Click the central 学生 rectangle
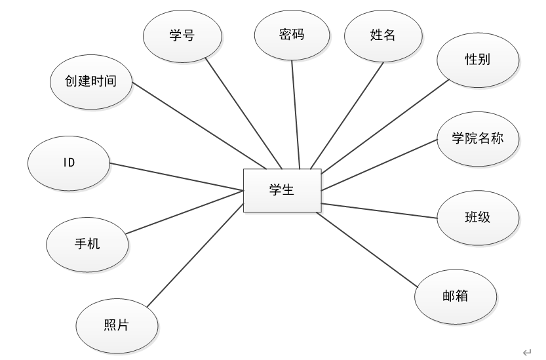pyautogui.click(x=282, y=190)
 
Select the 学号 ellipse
pyautogui.click(x=181, y=36)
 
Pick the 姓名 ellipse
pyautogui.click(x=383, y=35)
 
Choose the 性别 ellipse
pyautogui.click(x=478, y=60)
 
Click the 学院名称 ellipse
pyautogui.click(x=478, y=138)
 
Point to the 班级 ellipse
pyautogui.click(x=478, y=217)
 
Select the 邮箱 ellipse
pyautogui.click(x=455, y=296)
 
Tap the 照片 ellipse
pyautogui.click(x=117, y=326)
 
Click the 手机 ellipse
pyautogui.click(x=87, y=244)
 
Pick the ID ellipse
pyautogui.click(x=69, y=162)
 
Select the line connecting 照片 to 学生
pyautogui.click(x=193, y=256)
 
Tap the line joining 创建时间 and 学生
pyautogui.click(x=197, y=123)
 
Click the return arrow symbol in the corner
pyautogui.click(x=526, y=351)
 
